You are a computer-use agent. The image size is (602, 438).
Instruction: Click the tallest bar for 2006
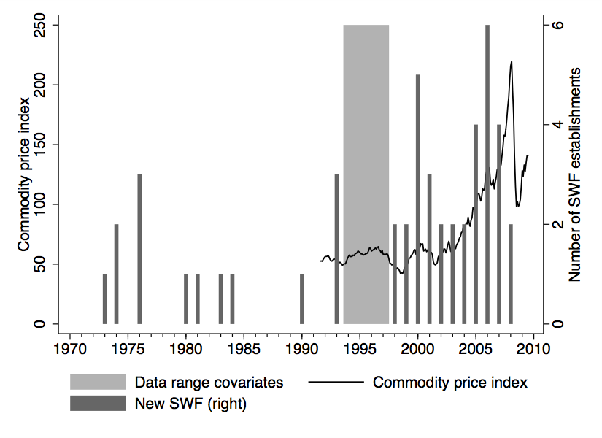pos(487,175)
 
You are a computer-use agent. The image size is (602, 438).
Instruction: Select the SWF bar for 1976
pos(139,248)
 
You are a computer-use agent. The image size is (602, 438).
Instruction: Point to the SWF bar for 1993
pos(336,248)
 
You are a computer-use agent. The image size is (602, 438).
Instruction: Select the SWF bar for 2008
pos(511,274)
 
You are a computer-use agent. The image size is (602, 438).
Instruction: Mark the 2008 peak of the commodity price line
pos(512,61)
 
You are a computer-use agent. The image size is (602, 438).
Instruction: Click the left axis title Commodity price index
pos(23,174)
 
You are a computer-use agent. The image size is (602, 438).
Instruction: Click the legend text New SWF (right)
pos(190,403)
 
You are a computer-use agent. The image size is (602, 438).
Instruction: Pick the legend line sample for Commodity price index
pos(336,382)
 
